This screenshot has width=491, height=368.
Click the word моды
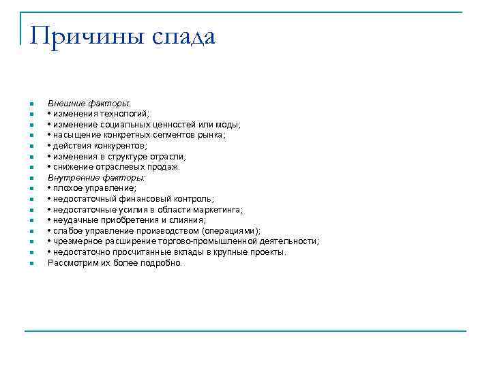click(228, 124)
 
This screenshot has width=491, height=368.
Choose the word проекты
click(267, 252)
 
